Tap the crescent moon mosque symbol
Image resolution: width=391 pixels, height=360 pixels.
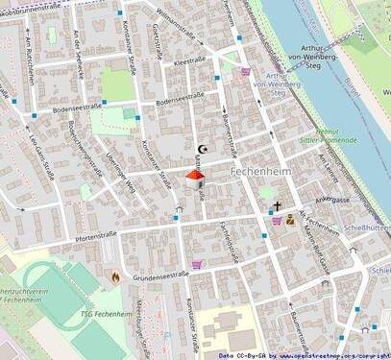coord(202,150)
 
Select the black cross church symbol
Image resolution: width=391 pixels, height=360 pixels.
coord(278,205)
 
